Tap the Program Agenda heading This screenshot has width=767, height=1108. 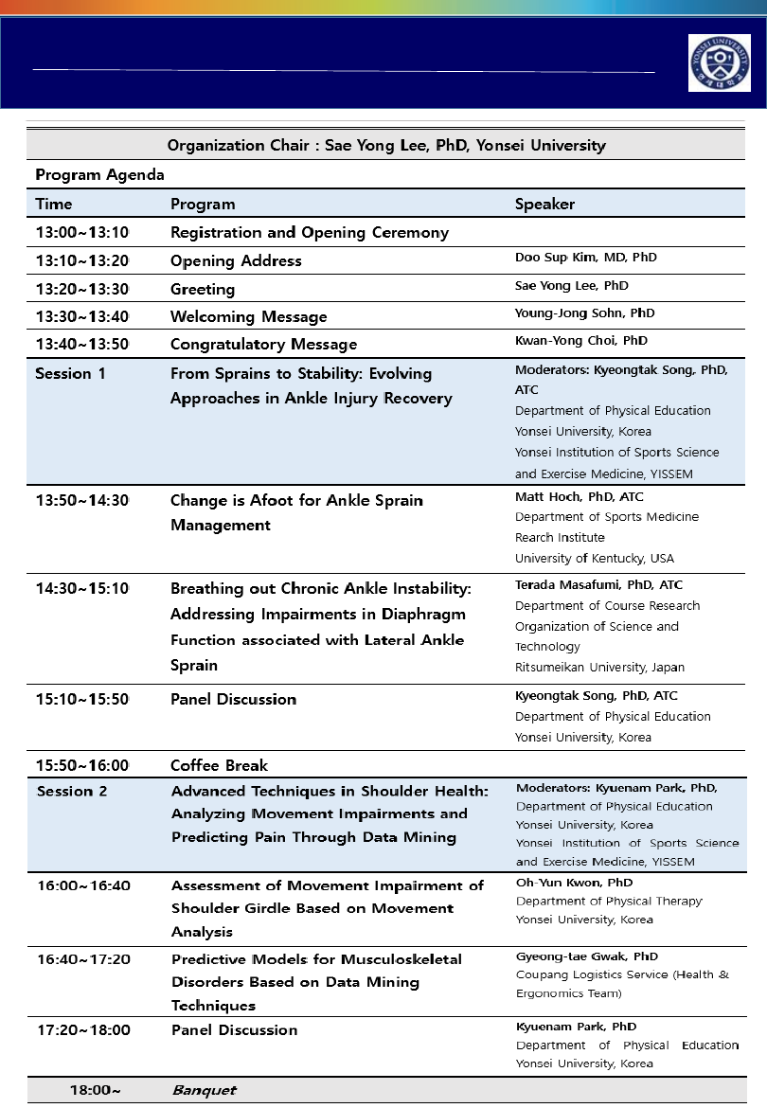[x=99, y=175]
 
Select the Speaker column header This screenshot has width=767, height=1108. [x=544, y=204]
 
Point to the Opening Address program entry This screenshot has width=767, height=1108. [x=236, y=260]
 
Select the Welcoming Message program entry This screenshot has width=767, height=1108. [x=248, y=316]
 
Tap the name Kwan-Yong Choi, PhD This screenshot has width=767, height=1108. [x=581, y=340]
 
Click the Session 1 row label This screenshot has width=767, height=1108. [x=70, y=373]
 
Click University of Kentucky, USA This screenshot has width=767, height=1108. [x=595, y=558]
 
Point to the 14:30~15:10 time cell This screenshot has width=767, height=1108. [x=81, y=588]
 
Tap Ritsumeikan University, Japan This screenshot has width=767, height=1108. [x=599, y=667]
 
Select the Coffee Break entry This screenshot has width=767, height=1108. [x=219, y=765]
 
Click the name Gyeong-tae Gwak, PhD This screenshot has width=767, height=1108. [x=587, y=956]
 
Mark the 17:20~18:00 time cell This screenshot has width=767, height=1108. [x=83, y=1029]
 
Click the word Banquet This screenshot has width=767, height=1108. [x=204, y=1090]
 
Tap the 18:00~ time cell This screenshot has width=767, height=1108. [x=95, y=1090]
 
